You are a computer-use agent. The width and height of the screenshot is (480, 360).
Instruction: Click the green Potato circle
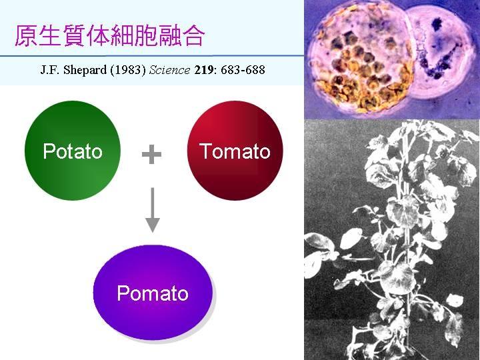[73, 151]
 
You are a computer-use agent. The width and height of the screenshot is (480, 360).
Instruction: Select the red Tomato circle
[235, 151]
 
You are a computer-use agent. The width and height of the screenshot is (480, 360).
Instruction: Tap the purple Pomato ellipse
[153, 293]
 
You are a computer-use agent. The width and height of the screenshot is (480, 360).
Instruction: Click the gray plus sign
[151, 154]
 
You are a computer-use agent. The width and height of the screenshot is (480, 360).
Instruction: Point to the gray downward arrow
[153, 210]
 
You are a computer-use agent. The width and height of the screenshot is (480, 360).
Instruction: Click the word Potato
[73, 151]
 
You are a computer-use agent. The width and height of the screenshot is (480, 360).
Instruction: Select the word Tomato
[235, 151]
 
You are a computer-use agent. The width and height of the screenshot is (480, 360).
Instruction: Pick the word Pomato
[153, 293]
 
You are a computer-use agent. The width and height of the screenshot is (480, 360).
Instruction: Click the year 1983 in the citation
[128, 70]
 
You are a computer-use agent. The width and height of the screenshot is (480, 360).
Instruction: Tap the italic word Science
[169, 70]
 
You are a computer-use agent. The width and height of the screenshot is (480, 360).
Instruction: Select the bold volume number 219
[203, 70]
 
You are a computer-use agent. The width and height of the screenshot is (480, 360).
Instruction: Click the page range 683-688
[243, 70]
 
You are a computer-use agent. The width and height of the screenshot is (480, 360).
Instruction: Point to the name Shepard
[85, 71]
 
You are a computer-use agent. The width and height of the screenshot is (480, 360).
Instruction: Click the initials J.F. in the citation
[50, 70]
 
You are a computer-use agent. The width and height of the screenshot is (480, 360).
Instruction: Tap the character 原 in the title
[26, 36]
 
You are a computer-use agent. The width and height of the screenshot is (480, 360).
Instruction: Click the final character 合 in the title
[193, 36]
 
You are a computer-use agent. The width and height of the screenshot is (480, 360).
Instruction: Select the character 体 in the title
[97, 36]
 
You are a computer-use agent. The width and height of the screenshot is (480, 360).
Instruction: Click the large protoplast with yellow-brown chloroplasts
[361, 60]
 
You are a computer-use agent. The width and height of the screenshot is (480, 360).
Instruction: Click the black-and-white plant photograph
[392, 239]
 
